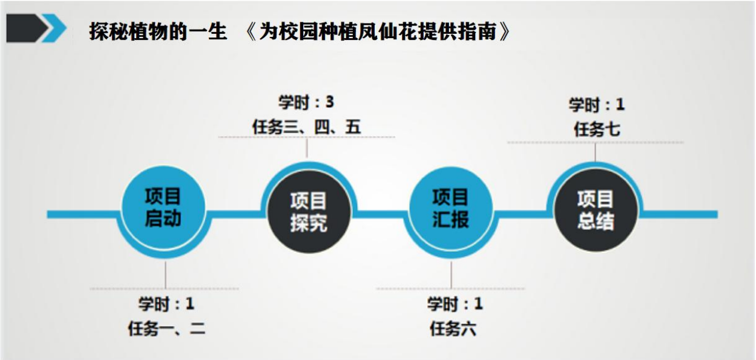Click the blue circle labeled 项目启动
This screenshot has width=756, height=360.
pos(163,207)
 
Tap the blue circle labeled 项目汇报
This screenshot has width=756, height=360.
pos(451,208)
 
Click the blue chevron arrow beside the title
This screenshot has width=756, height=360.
pos(54,29)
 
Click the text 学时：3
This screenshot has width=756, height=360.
pos(306,103)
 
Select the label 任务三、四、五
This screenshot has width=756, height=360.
pos(306,127)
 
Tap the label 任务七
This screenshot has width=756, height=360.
pos(596,129)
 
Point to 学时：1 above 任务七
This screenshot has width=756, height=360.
pos(596,105)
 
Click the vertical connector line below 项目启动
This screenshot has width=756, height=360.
pos(165,274)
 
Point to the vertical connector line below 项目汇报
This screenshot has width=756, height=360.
pos(451,274)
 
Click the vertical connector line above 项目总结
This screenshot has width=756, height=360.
pos(595,152)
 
